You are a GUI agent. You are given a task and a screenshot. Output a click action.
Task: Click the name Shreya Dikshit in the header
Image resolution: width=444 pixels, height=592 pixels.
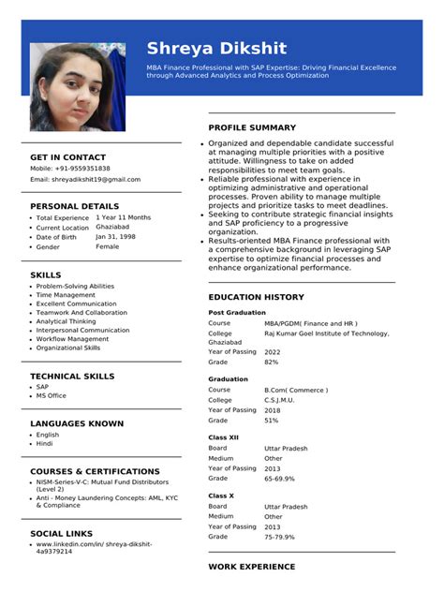click(216, 48)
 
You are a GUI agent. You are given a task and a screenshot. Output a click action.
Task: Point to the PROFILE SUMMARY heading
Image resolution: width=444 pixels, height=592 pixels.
click(252, 127)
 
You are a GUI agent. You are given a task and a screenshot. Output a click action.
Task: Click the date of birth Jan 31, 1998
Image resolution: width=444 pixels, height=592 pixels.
click(115, 237)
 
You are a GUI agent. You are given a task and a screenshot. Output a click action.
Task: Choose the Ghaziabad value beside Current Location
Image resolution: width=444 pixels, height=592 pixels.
click(112, 227)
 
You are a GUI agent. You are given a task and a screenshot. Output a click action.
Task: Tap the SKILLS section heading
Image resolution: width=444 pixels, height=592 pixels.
click(46, 275)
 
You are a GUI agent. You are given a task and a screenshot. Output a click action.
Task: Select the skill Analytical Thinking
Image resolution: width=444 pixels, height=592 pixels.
click(66, 321)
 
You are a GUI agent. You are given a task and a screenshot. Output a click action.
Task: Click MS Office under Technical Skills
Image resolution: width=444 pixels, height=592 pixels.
click(51, 395)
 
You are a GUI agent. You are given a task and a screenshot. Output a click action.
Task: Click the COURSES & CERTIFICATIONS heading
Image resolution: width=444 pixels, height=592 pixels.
click(95, 471)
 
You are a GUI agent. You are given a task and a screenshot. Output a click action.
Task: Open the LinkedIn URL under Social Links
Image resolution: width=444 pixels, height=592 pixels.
click(94, 547)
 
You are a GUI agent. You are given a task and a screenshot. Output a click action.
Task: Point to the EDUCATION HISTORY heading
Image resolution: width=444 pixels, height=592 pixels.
click(256, 297)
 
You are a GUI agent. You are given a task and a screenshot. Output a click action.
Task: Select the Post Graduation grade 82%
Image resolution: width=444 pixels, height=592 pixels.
click(272, 362)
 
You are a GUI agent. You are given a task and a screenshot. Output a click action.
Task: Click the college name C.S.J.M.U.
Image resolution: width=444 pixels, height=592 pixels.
click(280, 400)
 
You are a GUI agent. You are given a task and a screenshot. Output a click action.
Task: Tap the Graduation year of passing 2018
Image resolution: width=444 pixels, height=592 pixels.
click(272, 410)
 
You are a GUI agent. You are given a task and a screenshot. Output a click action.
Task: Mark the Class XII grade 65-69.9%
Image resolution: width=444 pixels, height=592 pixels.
click(279, 479)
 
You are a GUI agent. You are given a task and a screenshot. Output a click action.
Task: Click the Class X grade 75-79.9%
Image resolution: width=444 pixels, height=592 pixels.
click(279, 537)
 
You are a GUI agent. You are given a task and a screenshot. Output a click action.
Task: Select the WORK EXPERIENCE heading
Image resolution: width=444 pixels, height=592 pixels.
click(251, 567)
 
